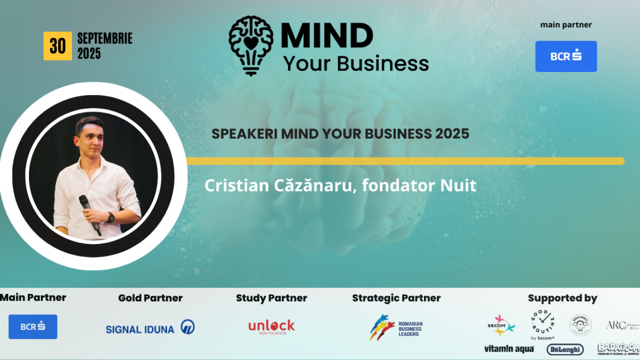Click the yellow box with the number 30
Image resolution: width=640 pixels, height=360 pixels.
click(57, 46)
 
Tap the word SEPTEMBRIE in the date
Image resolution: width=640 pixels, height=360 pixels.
click(104, 38)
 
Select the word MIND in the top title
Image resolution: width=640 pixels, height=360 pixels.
click(327, 36)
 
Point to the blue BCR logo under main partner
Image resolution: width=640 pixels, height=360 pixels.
click(566, 56)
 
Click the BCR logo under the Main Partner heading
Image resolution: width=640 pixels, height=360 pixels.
click(33, 326)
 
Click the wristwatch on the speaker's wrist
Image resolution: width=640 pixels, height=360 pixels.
click(110, 217)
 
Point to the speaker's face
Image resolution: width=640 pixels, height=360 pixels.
click(90, 137)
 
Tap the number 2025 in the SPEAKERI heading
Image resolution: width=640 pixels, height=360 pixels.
click(452, 134)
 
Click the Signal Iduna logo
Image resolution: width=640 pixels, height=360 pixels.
click(150, 328)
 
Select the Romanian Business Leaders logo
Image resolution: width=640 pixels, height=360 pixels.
click(396, 327)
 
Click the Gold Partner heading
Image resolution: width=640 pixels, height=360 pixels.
click(150, 298)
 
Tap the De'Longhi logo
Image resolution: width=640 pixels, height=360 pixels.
click(565, 349)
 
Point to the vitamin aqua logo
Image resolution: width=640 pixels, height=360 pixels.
click(508, 348)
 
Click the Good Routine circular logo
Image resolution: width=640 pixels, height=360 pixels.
click(542, 323)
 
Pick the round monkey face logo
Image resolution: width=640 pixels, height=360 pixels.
click(580, 325)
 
